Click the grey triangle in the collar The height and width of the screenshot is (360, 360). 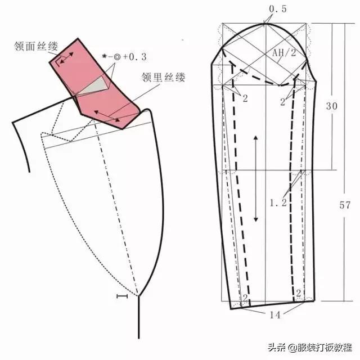(x=97, y=84)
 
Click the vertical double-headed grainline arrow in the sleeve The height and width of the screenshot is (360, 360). (x=256, y=178)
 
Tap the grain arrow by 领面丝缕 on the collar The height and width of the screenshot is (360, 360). (x=66, y=57)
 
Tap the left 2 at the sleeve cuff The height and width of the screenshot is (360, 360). (x=245, y=297)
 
